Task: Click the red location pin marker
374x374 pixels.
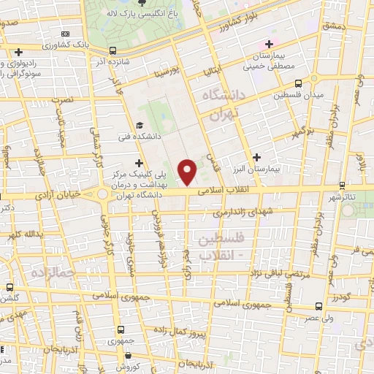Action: (x=188, y=172)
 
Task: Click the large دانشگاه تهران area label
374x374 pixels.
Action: (x=215, y=106)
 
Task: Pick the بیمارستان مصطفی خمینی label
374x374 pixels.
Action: (x=278, y=61)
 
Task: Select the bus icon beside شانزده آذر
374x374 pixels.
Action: (x=112, y=50)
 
